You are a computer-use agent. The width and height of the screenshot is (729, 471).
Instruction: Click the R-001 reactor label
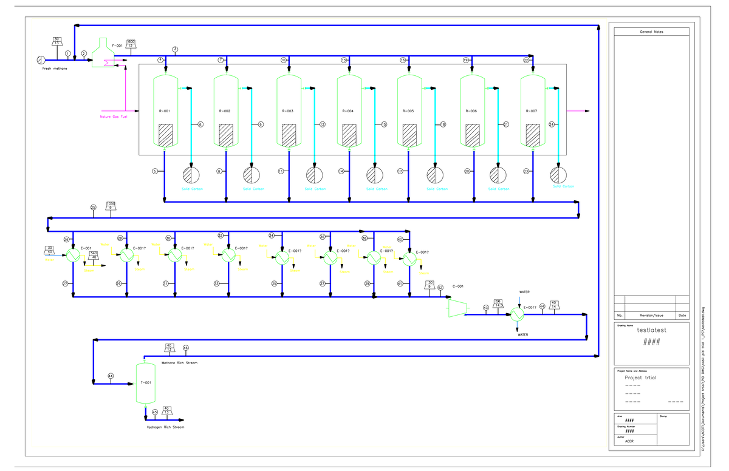click(x=164, y=112)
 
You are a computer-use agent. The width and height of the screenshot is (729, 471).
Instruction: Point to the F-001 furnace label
click(x=117, y=46)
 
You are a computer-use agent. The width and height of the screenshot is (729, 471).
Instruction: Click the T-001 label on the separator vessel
click(x=146, y=383)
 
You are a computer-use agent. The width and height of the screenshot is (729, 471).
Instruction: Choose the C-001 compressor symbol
click(x=456, y=308)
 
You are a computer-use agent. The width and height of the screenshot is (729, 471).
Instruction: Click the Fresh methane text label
click(x=55, y=69)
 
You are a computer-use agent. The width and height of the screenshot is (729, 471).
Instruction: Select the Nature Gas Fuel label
click(x=114, y=117)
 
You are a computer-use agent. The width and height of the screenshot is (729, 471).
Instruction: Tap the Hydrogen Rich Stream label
click(x=165, y=427)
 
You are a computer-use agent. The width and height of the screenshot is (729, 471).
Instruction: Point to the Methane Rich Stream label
click(x=179, y=362)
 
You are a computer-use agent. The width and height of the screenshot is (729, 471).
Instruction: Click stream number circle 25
click(x=93, y=208)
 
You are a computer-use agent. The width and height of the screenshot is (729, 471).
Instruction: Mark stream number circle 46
click(x=186, y=348)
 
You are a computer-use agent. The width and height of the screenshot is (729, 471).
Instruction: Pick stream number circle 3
click(x=175, y=49)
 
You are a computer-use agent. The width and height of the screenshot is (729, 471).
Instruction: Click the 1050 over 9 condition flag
click(x=111, y=206)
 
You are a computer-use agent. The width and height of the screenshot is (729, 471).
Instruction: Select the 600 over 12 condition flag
click(x=131, y=44)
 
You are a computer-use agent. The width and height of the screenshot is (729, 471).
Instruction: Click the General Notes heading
click(x=651, y=32)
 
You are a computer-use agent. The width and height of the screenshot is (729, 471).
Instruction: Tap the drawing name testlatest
click(x=651, y=330)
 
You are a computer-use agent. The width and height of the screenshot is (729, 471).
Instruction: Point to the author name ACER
click(x=629, y=441)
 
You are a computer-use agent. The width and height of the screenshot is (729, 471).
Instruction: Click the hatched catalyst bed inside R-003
click(x=288, y=135)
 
